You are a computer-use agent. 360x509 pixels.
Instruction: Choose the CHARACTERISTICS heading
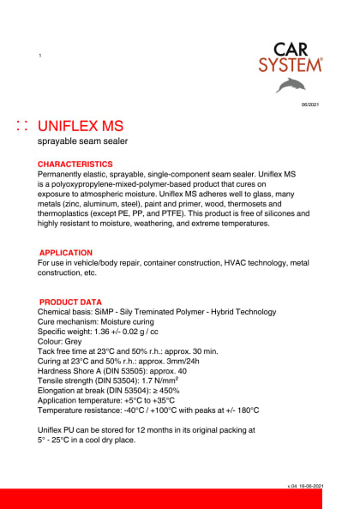tap(75, 163)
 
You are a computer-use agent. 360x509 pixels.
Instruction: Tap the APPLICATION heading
tap(66, 253)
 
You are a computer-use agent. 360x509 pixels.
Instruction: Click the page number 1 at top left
tap(40, 57)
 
